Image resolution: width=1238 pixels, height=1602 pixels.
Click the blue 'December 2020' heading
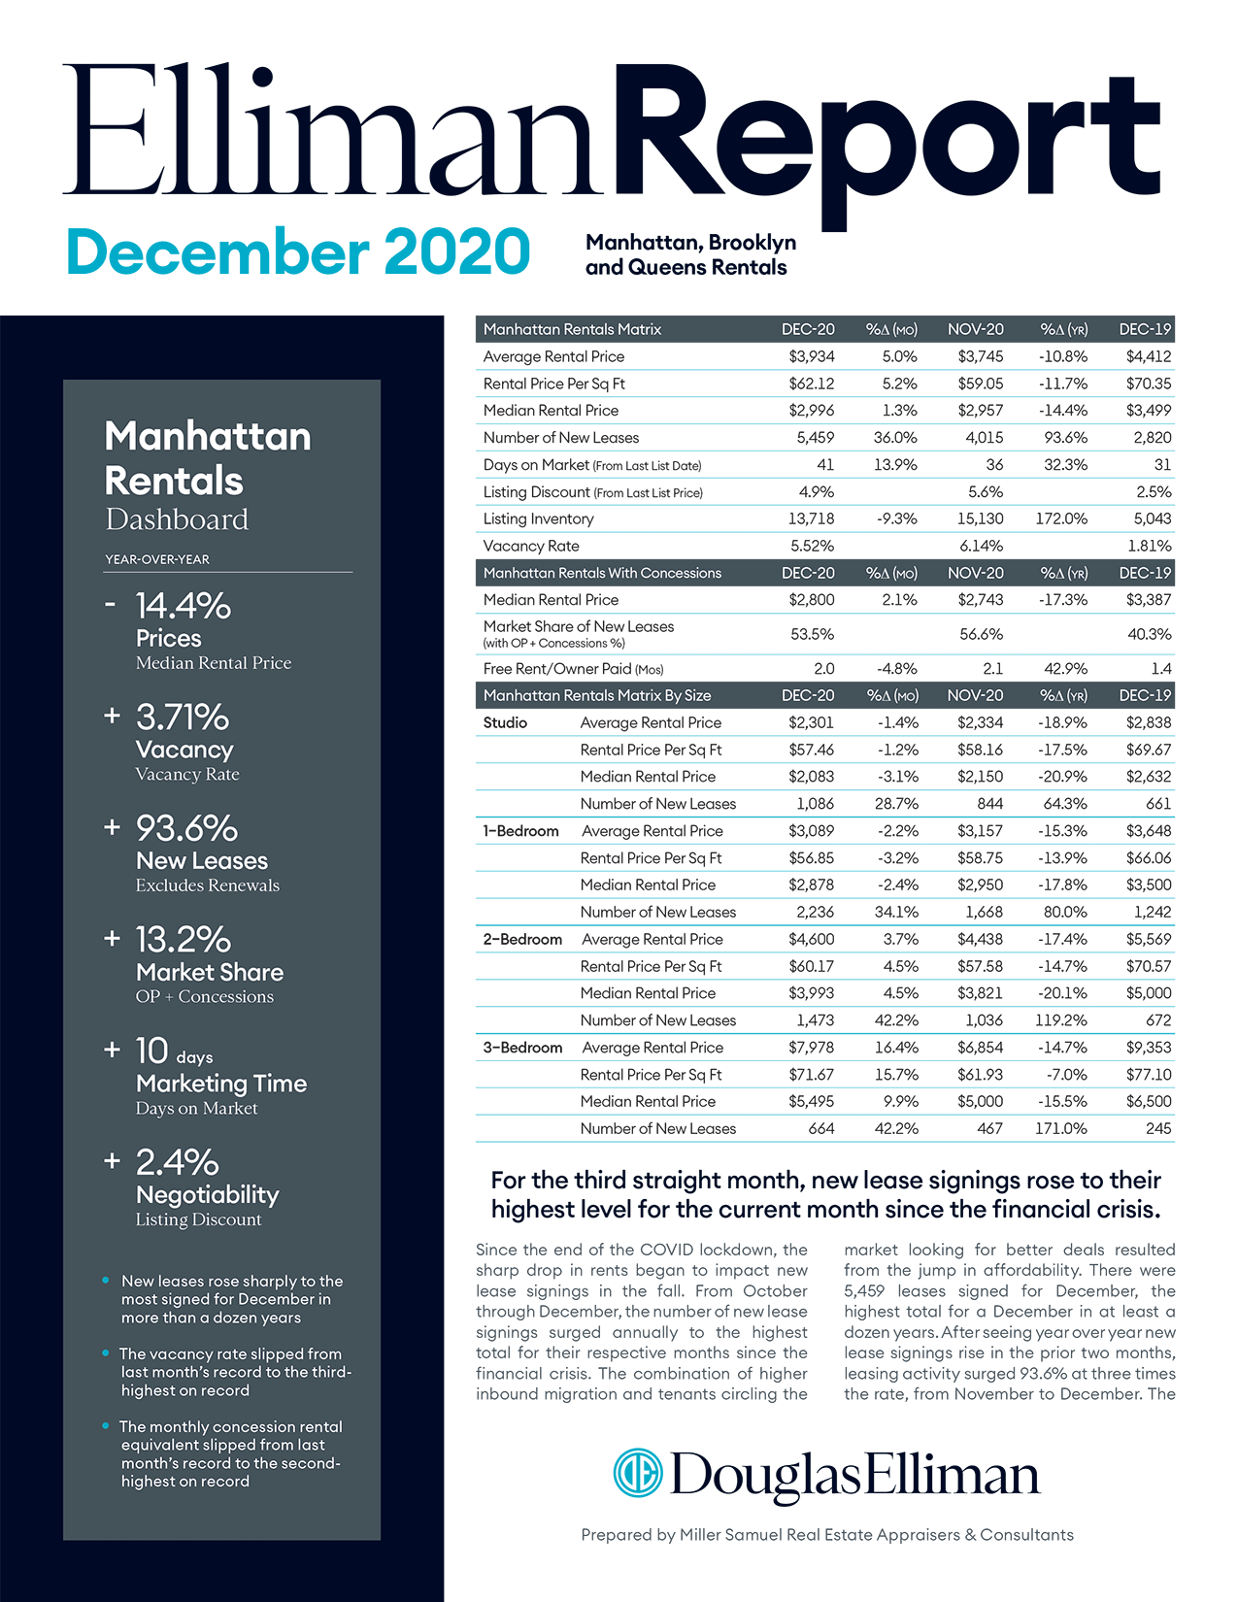pos(298,251)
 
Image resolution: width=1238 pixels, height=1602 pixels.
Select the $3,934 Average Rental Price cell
pos(811,357)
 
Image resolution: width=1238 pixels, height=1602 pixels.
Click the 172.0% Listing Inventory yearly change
pos(1061,519)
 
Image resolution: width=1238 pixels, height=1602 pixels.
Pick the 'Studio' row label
pos(505,723)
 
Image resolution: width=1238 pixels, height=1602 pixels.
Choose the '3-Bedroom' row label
pos(522,1048)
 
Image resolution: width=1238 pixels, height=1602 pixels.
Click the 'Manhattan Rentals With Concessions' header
pos(602,573)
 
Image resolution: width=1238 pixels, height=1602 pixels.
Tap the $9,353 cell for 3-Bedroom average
pos(1148,1048)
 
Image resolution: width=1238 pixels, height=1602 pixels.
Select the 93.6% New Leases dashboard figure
pos(186,828)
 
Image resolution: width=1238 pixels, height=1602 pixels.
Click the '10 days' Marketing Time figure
pos(174,1052)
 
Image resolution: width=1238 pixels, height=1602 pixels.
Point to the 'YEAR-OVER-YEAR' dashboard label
pos(157,559)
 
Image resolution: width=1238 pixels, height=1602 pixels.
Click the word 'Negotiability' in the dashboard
pos(207,1195)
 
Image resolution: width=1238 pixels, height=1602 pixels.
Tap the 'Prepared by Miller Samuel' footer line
pos(826,1534)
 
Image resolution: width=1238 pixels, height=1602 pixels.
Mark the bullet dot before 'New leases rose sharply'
pos(106,1281)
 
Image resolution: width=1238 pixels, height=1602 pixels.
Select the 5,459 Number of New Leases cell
pos(815,438)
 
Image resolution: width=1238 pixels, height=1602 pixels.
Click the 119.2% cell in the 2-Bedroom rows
pos(1061,1020)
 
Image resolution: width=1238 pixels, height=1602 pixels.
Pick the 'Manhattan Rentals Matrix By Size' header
pos(596,695)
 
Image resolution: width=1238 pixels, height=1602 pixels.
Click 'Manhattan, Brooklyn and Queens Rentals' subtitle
pos(690,254)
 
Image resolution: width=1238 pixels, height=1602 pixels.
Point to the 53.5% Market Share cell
pos(812,634)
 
